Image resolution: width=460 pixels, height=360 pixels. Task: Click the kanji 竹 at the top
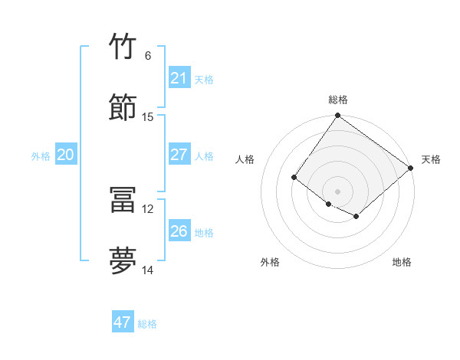tap(123, 47)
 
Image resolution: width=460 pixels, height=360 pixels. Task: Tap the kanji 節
tap(123, 108)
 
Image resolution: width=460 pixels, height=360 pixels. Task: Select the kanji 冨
tap(123, 200)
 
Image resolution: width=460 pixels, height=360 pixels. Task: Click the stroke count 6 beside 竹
tap(147, 56)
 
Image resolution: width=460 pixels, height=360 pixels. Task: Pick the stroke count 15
tap(148, 117)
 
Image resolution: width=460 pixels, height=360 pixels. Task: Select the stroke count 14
tap(148, 270)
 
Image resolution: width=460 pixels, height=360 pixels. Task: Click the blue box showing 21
tap(179, 78)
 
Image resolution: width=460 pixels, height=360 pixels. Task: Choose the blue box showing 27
tap(179, 155)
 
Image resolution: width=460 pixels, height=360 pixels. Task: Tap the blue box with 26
tap(179, 231)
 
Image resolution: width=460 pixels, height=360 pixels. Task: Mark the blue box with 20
tap(65, 155)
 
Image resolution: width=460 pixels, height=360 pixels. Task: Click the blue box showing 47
tap(123, 322)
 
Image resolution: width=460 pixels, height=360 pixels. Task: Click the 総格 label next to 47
tap(147, 324)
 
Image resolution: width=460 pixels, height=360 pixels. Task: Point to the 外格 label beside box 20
tap(41, 156)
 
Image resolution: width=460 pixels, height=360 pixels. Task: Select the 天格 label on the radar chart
tap(431, 159)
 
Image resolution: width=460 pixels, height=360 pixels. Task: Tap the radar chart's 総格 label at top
tap(338, 100)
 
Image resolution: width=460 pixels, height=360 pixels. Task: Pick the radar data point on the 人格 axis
tap(294, 178)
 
